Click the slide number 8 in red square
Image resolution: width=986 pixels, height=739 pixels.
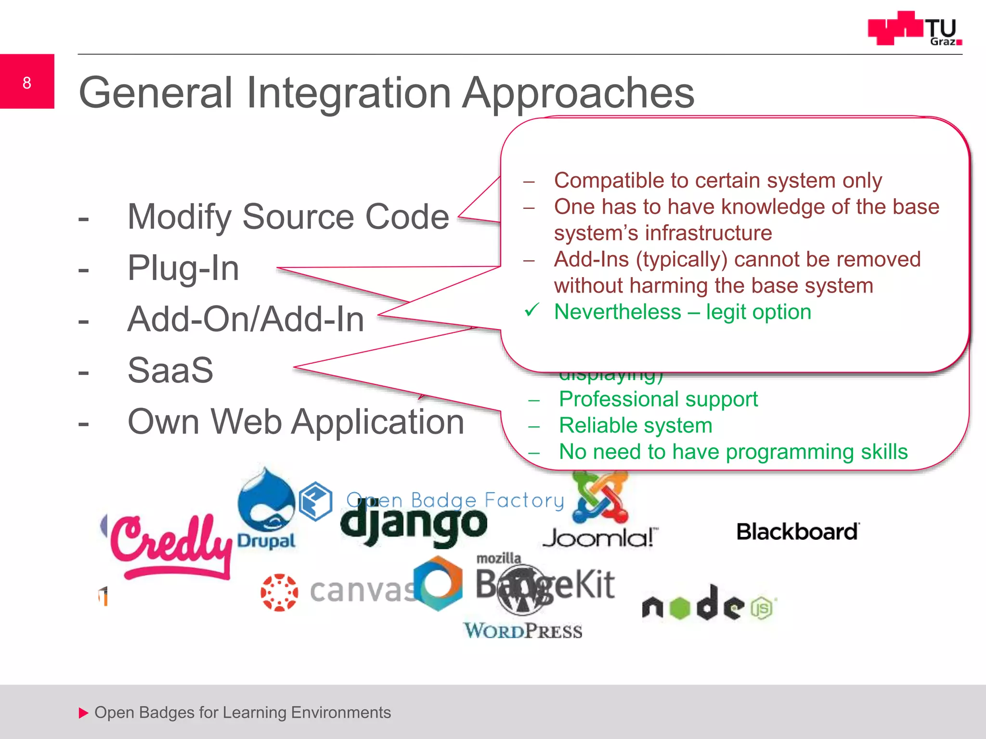[27, 82]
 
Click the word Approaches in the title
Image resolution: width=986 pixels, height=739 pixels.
[578, 93]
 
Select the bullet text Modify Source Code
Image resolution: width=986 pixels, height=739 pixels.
[288, 217]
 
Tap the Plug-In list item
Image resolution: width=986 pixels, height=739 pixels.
[183, 268]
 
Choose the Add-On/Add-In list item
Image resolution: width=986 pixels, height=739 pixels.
[246, 319]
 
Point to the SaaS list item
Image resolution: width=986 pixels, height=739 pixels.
[170, 370]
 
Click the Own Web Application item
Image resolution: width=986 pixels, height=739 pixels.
[296, 422]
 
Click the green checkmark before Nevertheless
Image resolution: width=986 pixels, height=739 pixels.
[532, 310]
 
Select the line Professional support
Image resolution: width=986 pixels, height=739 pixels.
[658, 399]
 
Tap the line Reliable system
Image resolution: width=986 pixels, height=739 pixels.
[635, 426]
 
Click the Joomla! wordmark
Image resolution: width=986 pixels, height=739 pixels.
[600, 537]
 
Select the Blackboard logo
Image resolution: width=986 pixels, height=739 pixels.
[797, 532]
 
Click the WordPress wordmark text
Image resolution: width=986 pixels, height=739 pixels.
[523, 631]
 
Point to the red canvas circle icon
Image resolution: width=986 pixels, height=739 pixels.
[279, 592]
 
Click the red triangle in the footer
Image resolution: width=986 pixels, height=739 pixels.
[83, 713]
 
